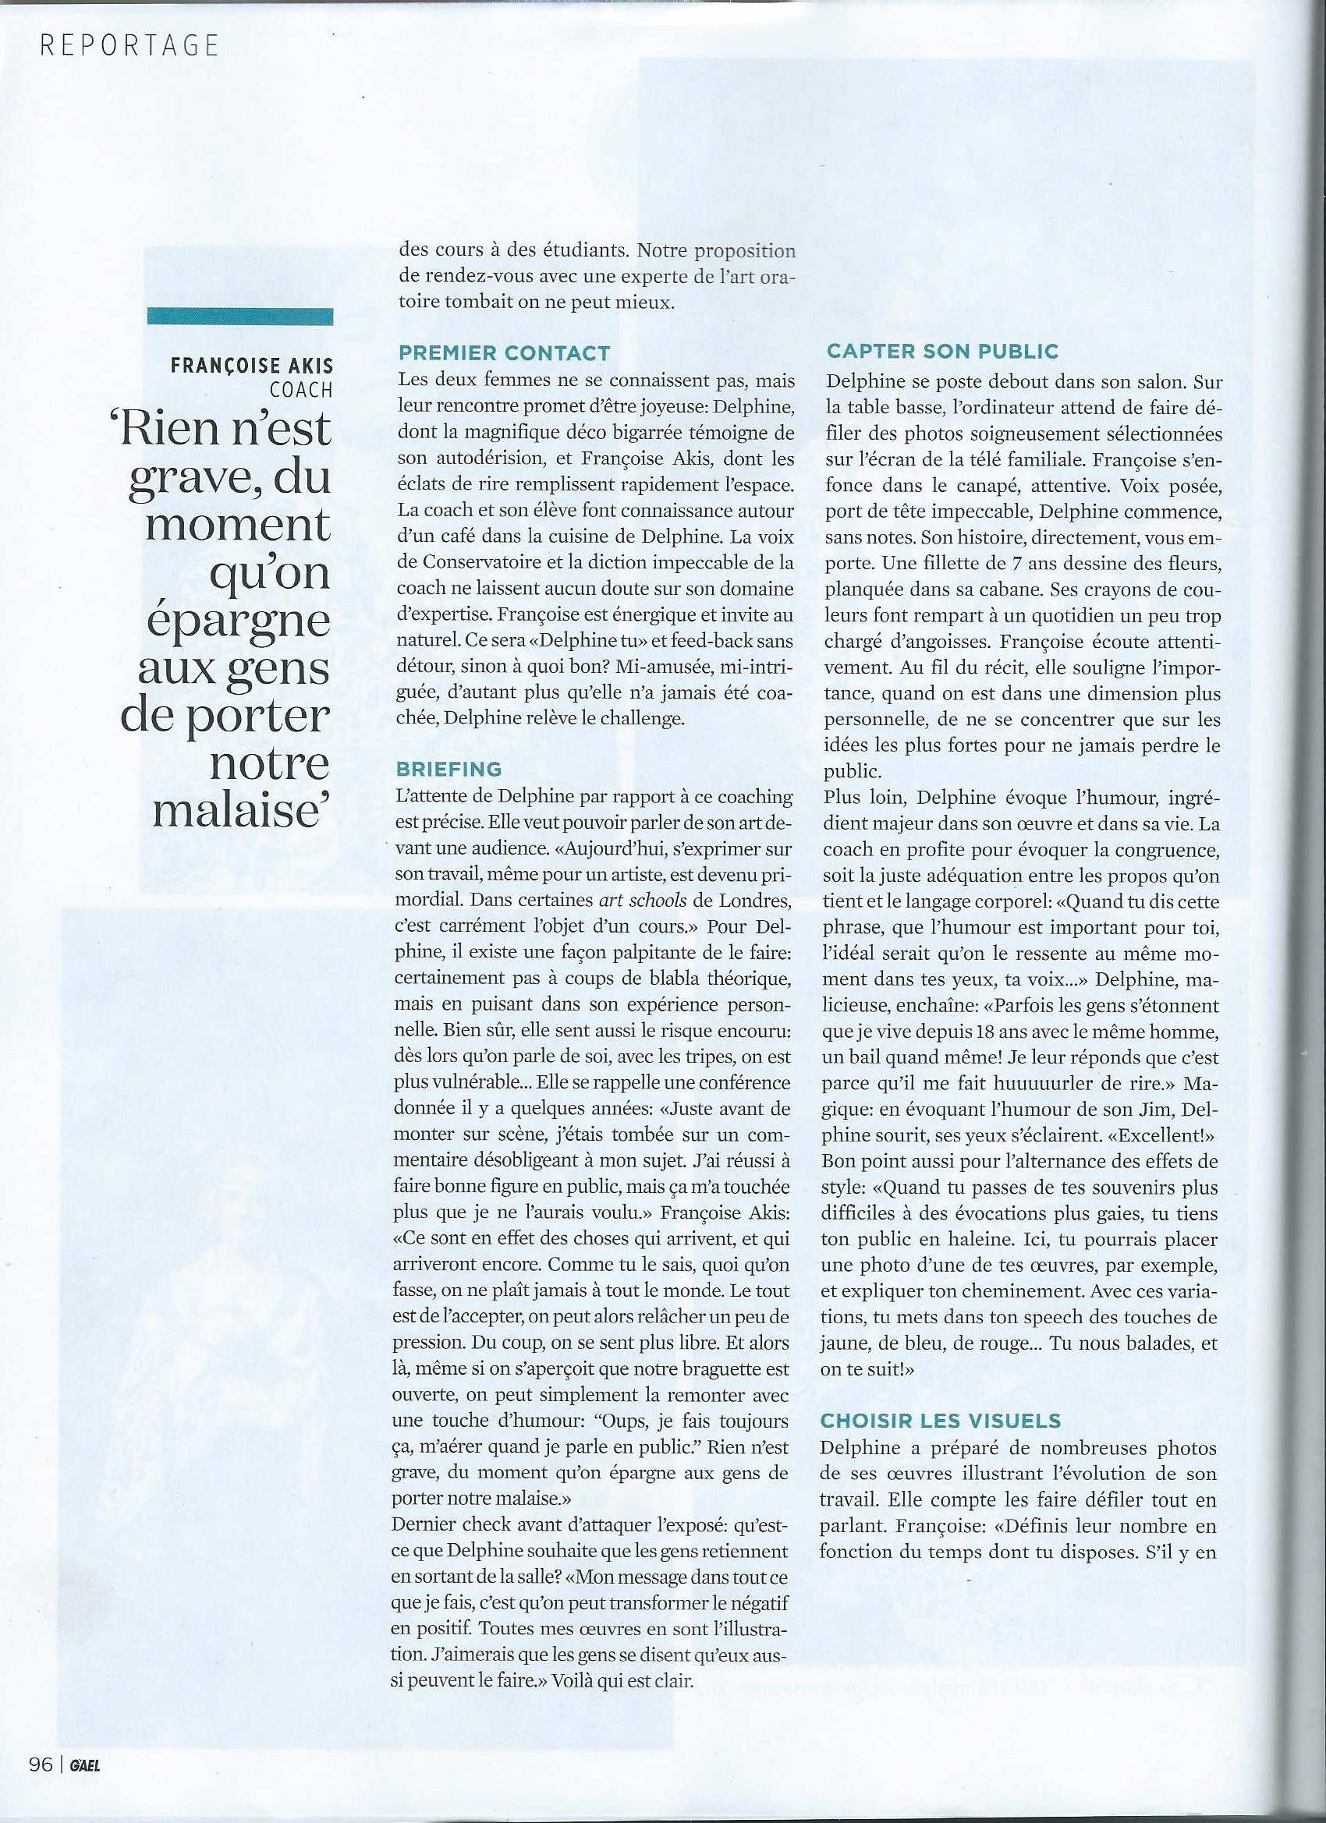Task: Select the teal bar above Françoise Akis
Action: coord(239,317)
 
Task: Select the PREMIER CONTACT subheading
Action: coord(504,353)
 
